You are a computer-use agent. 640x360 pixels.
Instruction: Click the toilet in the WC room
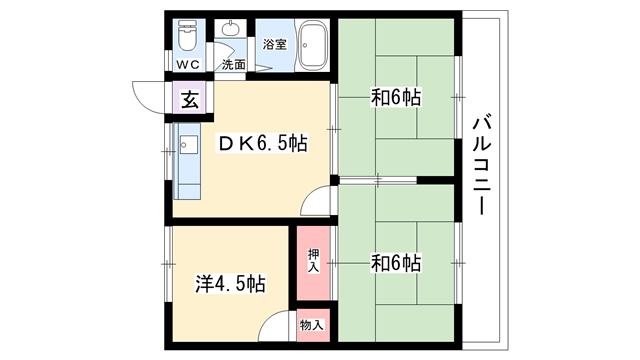click(188, 36)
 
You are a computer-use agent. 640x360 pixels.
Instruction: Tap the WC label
click(188, 64)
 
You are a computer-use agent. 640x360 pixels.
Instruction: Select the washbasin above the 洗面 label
click(231, 28)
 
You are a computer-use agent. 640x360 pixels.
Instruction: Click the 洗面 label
click(234, 64)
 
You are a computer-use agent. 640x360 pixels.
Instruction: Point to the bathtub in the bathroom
click(313, 45)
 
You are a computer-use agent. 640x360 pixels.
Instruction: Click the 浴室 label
click(275, 44)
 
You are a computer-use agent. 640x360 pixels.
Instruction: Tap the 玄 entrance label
click(190, 99)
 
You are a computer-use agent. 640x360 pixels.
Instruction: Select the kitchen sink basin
click(188, 145)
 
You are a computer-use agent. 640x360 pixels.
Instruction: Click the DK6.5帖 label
click(263, 143)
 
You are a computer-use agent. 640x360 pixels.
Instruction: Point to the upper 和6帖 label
click(396, 97)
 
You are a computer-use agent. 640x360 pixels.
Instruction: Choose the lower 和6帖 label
click(396, 263)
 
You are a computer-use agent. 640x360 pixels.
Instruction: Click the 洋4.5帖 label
click(231, 284)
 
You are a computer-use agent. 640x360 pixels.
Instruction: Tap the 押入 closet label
click(313, 261)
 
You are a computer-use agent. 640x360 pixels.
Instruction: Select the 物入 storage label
click(312, 325)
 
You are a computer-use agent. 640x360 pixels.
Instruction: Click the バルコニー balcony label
click(482, 165)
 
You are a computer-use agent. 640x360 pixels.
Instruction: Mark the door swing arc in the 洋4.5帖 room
click(267, 318)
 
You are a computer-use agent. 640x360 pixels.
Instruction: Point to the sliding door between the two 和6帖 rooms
click(378, 180)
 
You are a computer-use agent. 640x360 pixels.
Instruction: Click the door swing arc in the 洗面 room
click(228, 48)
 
